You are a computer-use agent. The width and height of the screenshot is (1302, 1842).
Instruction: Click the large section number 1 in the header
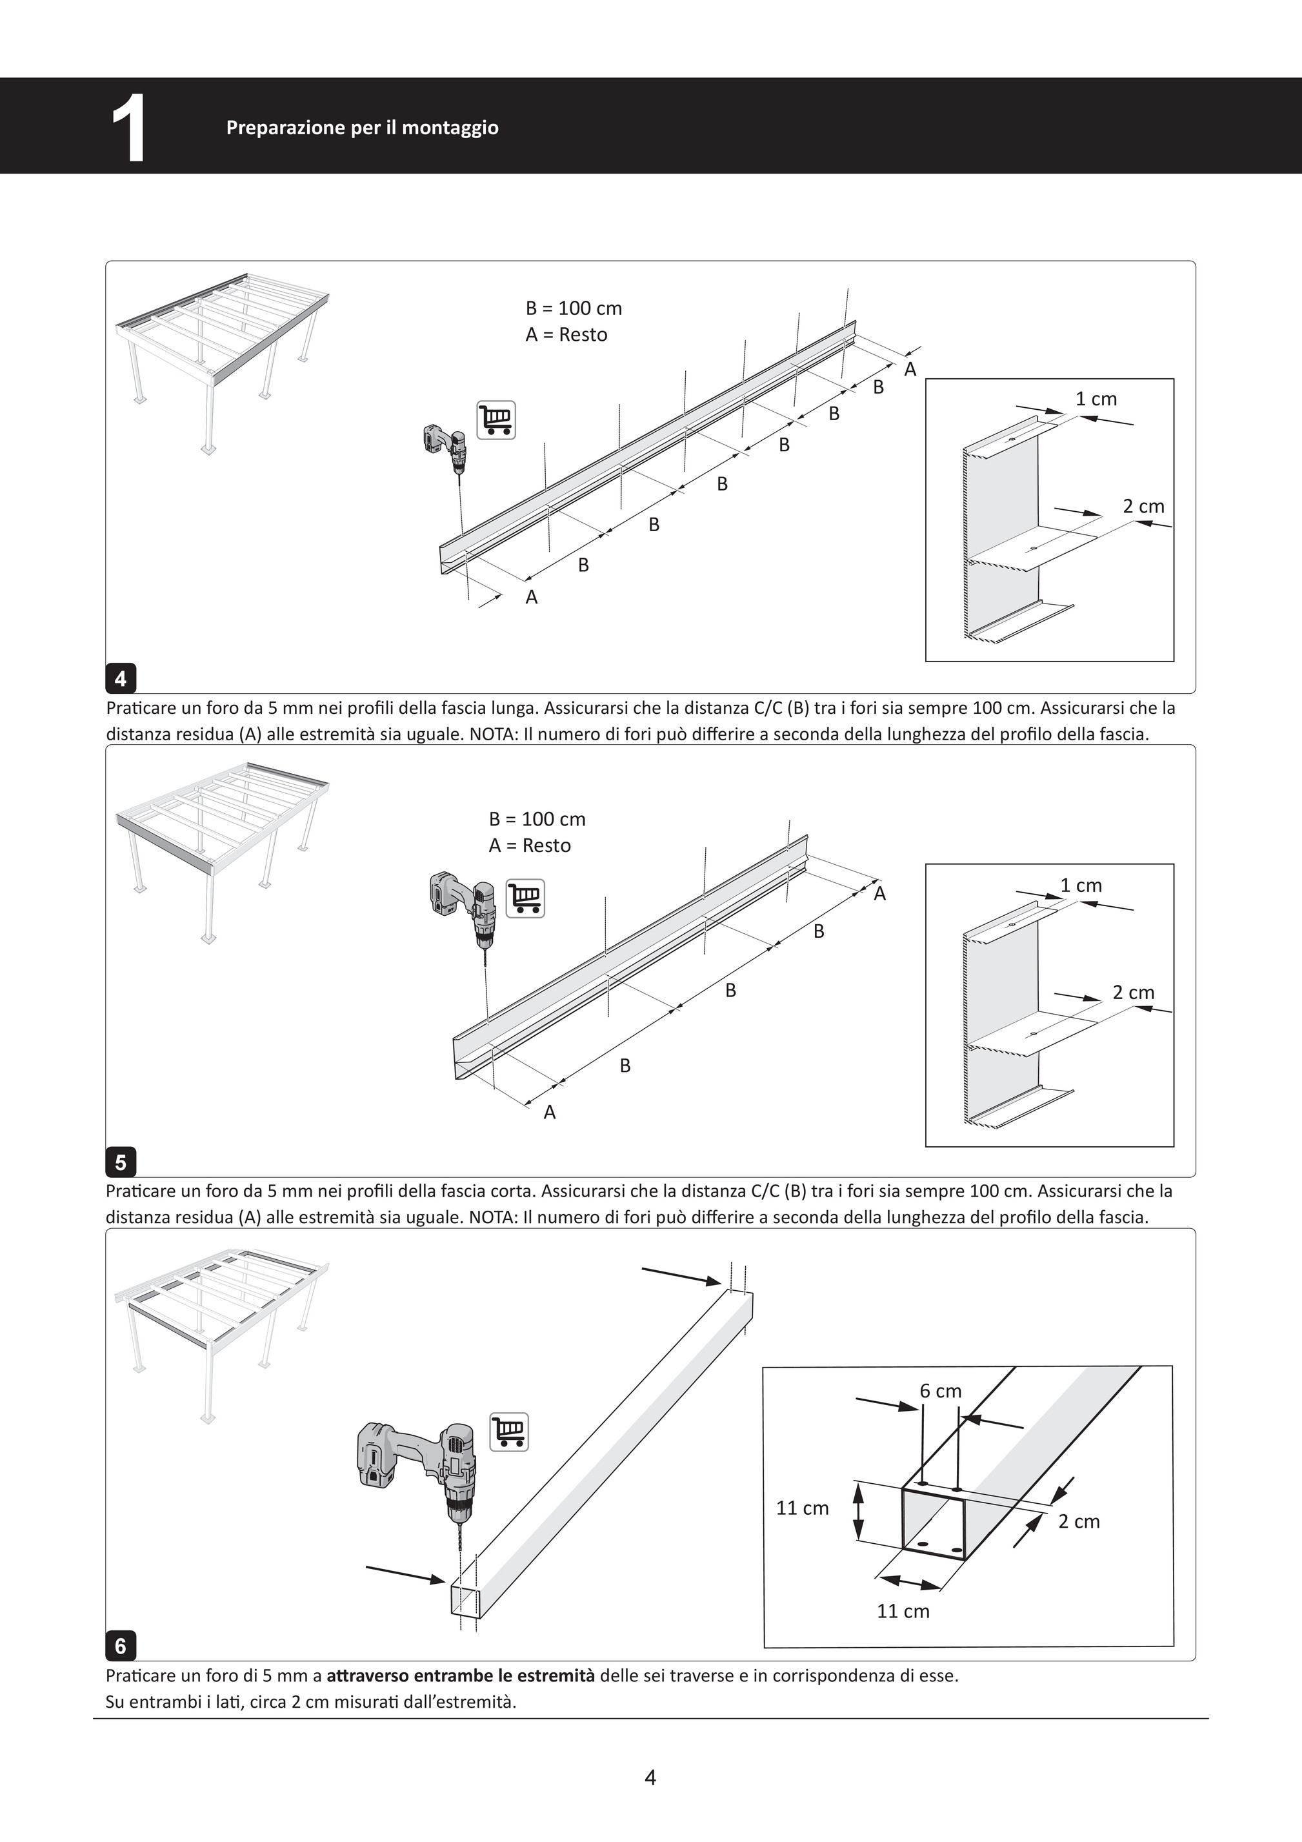[x=129, y=128]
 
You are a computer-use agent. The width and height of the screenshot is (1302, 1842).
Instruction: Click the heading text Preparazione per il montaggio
[x=363, y=128]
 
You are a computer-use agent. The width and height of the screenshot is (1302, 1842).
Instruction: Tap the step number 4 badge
[x=121, y=679]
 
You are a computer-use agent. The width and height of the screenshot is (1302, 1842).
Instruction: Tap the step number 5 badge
[x=121, y=1162]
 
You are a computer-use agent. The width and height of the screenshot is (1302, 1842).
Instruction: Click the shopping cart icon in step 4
[x=497, y=420]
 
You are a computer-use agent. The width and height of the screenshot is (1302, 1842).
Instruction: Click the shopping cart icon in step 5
[x=525, y=898]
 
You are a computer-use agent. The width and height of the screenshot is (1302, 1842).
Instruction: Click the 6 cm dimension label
[x=940, y=1390]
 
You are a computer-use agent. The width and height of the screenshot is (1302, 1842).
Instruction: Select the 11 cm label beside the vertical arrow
[x=802, y=1508]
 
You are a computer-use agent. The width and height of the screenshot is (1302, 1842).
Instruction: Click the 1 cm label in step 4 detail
[x=1096, y=399]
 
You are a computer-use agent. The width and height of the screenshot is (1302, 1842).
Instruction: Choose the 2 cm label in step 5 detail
[x=1134, y=993]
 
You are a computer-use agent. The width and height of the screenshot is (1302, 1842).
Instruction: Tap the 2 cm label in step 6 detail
[x=1079, y=1521]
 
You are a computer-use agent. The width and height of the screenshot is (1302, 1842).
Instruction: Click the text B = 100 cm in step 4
[x=574, y=308]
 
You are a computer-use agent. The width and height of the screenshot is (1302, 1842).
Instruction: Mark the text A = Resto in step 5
[x=530, y=845]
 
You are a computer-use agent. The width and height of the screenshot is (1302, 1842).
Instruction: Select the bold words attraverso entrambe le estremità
[x=461, y=1676]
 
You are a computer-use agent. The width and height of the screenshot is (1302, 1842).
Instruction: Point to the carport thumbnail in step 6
[x=221, y=1336]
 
